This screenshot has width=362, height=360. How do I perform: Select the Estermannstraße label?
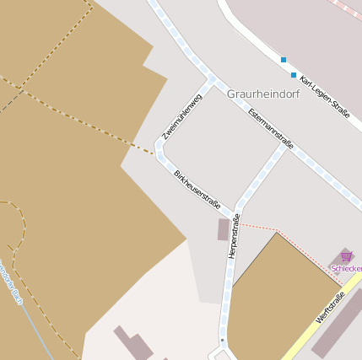(271, 127)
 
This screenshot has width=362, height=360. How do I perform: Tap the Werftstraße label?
(330, 308)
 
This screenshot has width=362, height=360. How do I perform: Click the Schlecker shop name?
(347, 268)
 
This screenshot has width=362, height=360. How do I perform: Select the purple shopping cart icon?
(346, 255)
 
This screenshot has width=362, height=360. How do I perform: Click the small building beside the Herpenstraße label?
(223, 229)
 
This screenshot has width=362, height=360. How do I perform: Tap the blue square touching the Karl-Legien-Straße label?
(294, 75)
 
